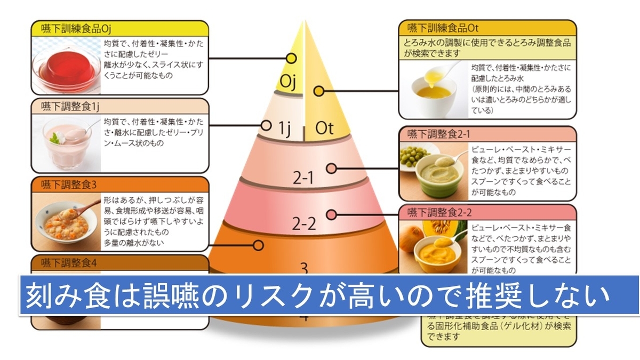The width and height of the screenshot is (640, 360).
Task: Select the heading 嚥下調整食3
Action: pyautogui.click(x=69, y=185)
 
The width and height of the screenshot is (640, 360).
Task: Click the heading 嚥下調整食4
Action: pyautogui.click(x=69, y=262)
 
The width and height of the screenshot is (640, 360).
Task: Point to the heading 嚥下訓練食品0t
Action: pyautogui.click(x=439, y=28)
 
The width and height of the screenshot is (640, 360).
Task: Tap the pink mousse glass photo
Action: pyautogui.click(x=67, y=141)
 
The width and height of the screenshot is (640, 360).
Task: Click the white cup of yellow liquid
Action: pyautogui.click(x=435, y=89)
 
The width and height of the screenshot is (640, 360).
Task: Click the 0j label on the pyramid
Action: pyautogui.click(x=289, y=82)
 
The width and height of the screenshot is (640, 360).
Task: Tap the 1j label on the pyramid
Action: pyautogui.click(x=284, y=128)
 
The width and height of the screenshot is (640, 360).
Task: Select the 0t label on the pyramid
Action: pyautogui.click(x=324, y=128)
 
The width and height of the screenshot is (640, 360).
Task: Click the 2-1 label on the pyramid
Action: pyautogui.click(x=303, y=178)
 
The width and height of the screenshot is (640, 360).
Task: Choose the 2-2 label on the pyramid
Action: pyautogui.click(x=305, y=223)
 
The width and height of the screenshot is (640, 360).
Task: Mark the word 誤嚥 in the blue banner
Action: pyautogui.click(x=163, y=294)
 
